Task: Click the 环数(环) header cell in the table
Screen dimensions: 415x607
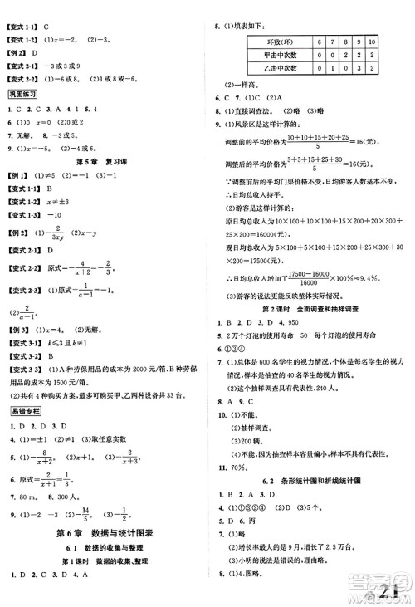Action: tap(266, 41)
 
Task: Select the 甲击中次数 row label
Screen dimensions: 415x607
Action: tap(266, 55)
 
